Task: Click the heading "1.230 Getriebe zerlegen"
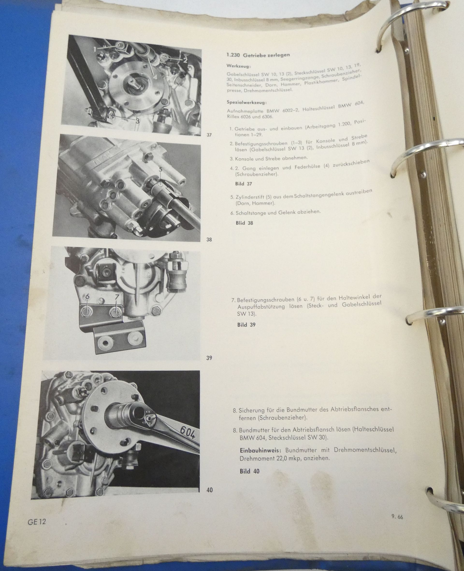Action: click(258, 55)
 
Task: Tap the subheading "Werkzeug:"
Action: click(238, 65)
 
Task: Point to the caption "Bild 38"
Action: click(244, 223)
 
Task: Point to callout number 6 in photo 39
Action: click(87, 296)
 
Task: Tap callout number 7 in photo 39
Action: click(116, 296)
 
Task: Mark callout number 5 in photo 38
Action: click(160, 169)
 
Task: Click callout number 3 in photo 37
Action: click(137, 121)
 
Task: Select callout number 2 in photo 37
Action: click(185, 60)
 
